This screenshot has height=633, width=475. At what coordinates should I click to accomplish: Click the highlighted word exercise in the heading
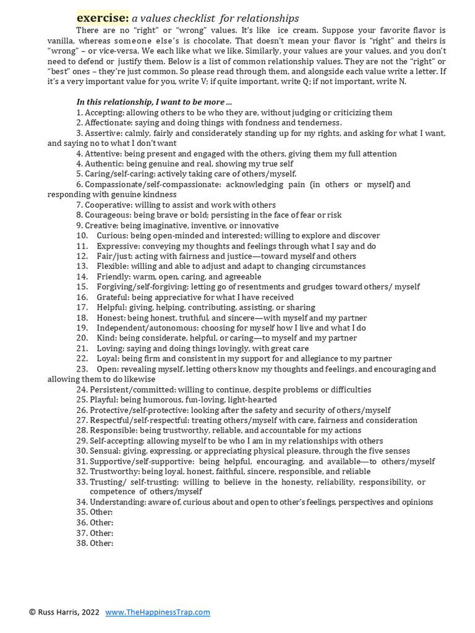tap(103, 18)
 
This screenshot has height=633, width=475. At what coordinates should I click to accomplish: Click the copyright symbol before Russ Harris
tap(32, 612)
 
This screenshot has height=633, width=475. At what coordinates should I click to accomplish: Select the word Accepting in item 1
tap(105, 113)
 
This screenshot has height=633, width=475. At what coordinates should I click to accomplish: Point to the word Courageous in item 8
tap(109, 215)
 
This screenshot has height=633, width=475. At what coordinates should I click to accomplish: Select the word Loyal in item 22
tap(107, 359)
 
